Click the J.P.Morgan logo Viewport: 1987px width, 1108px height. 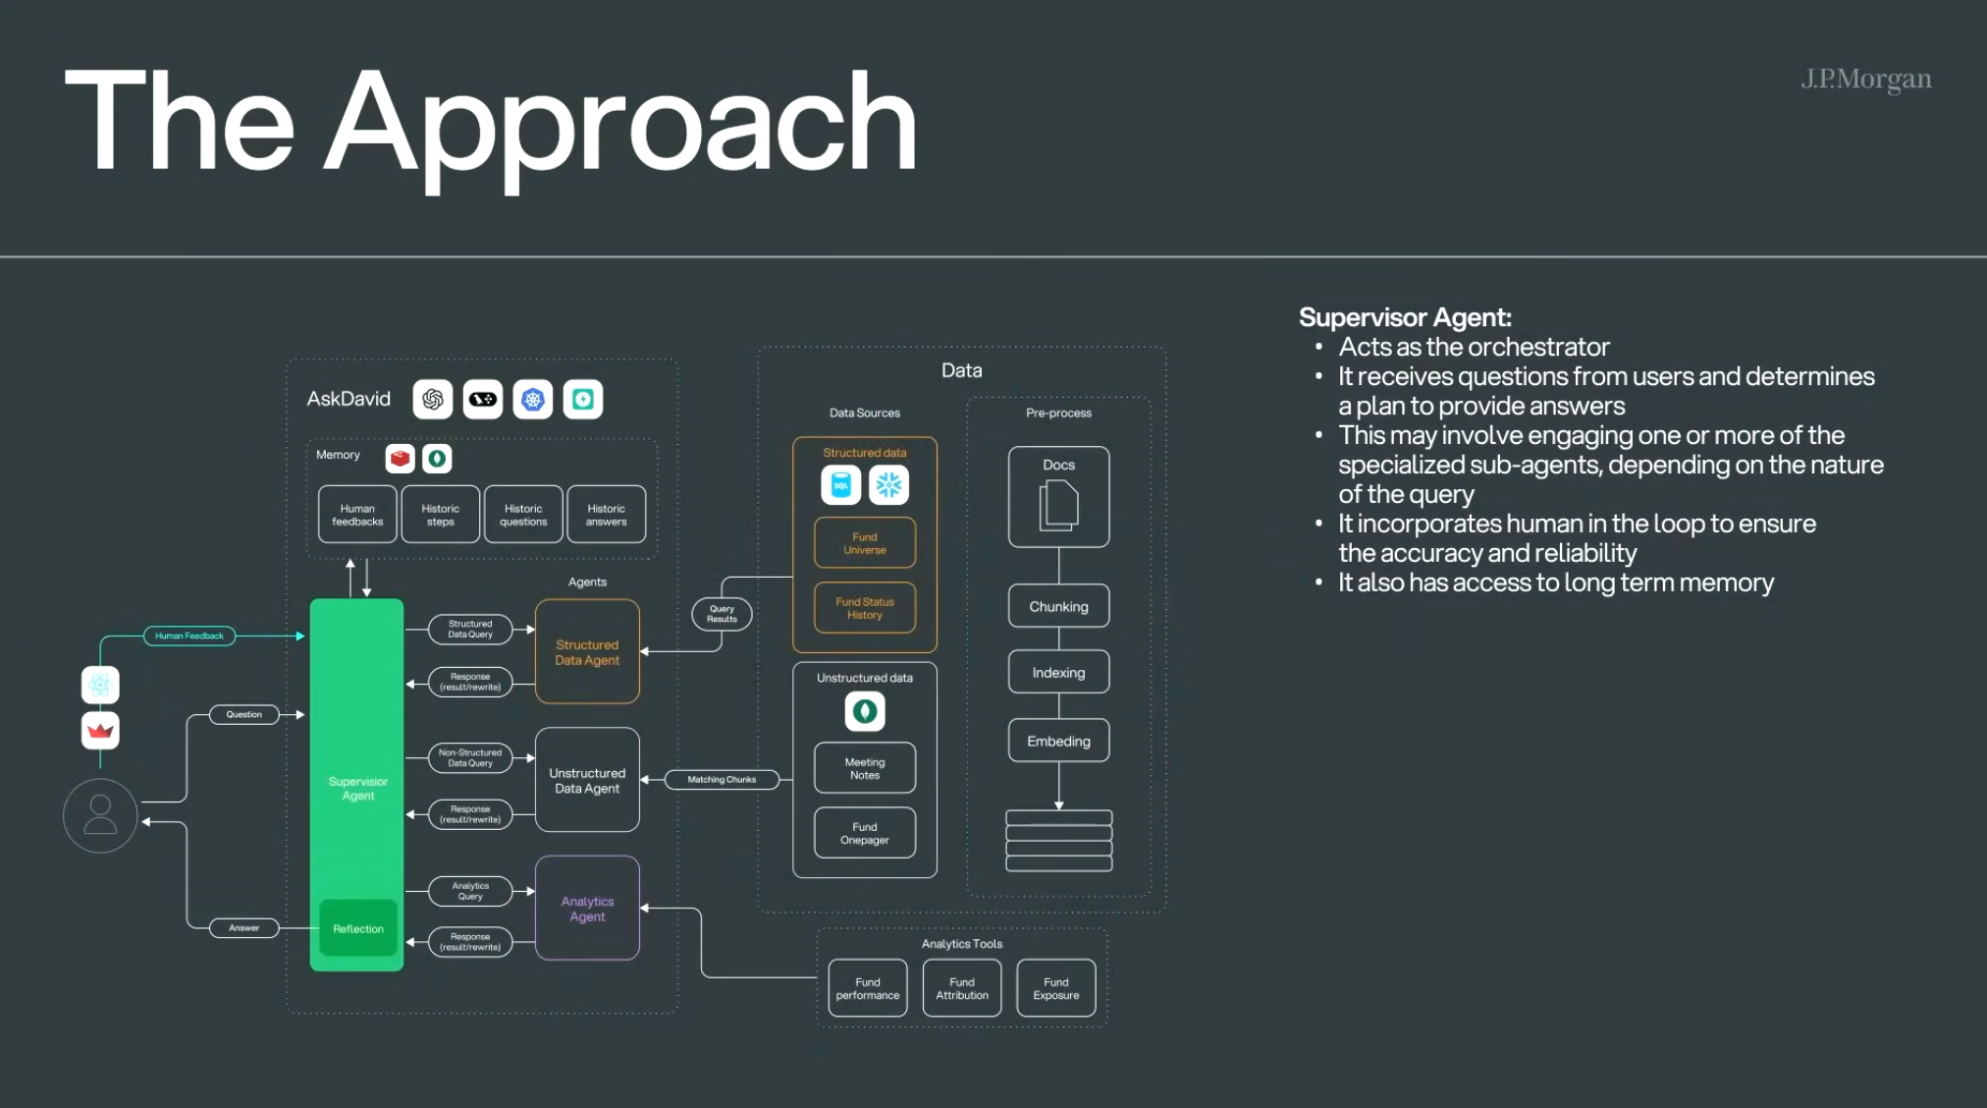(1865, 79)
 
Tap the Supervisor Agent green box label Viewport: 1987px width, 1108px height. (357, 789)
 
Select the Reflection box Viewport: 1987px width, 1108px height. (358, 928)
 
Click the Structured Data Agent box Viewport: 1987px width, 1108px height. (587, 652)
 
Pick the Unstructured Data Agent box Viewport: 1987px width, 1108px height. (587, 781)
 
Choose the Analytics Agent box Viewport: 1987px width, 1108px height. (587, 909)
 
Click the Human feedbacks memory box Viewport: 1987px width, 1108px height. (357, 515)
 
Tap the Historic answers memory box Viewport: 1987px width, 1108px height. (606, 515)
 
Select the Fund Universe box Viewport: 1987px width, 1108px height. (865, 543)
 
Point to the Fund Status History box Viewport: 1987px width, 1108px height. (865, 608)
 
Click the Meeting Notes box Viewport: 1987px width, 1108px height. (865, 768)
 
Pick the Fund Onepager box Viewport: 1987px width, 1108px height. (865, 833)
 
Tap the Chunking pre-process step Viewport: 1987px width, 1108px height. (1058, 606)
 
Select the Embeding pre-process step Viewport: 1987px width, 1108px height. (1058, 741)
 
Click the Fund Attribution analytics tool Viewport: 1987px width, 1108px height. (962, 988)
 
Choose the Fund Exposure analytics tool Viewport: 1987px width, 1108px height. (1056, 988)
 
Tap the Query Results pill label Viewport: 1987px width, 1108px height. (722, 614)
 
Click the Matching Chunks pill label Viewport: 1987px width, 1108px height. (722, 780)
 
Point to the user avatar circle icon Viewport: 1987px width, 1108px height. (100, 815)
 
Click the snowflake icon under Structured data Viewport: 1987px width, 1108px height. (888, 485)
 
